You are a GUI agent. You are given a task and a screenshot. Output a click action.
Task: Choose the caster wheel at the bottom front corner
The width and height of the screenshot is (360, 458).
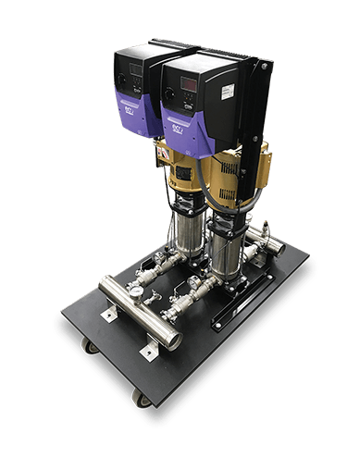[x=141, y=398]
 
